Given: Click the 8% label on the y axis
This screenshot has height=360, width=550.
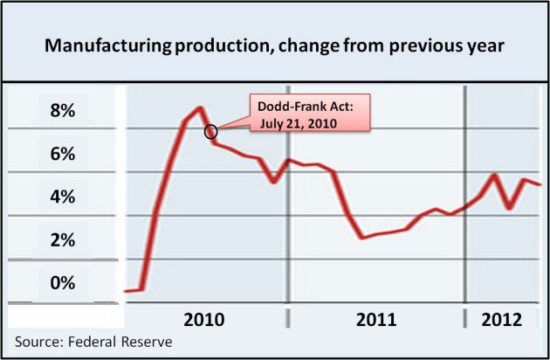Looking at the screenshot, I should click(63, 111).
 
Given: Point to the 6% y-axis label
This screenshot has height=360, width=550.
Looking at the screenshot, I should click(63, 154).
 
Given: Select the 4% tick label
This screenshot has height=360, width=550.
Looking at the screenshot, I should click(63, 197).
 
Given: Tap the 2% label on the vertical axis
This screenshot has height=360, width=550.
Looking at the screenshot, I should click(63, 239).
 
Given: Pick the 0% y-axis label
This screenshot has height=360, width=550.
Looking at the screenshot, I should click(63, 282).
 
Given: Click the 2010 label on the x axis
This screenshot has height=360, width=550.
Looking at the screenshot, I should click(206, 319).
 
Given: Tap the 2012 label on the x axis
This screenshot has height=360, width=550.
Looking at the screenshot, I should click(503, 319).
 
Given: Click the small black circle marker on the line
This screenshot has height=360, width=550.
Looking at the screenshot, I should click(210, 132).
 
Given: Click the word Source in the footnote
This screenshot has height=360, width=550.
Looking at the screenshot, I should click(38, 341).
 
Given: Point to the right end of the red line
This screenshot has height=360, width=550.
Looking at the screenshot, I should click(541, 184).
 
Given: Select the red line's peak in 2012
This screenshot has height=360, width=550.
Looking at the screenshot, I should click(495, 175).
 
